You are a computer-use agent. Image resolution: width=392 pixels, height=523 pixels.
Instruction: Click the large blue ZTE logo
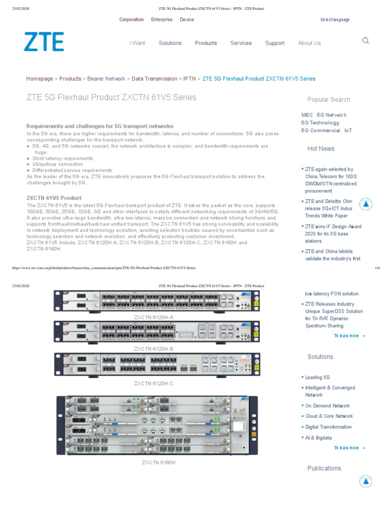[x=44, y=42]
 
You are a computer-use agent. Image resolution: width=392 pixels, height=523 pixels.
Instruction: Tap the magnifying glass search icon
[x=365, y=41]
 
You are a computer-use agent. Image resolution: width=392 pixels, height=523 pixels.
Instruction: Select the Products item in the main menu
[x=206, y=43]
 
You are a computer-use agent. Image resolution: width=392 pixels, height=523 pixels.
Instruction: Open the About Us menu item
[x=309, y=43]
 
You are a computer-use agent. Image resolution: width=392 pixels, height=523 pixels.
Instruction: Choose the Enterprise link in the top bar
[x=161, y=19]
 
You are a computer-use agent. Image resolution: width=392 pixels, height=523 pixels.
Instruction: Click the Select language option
[x=335, y=19]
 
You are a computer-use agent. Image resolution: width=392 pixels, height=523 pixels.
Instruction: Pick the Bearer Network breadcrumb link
[x=106, y=79]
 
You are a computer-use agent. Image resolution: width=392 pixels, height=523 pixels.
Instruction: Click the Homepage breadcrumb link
[x=40, y=79]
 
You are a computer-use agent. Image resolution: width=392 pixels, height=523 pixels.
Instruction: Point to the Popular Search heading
[x=329, y=100]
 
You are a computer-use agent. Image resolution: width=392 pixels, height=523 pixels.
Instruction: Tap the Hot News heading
[x=321, y=149]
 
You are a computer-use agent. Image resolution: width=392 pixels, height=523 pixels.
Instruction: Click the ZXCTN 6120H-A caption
[x=154, y=317]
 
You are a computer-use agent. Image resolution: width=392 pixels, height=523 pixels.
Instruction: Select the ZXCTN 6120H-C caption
[x=154, y=383]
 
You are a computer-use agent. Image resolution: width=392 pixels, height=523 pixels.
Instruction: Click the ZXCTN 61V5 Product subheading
[x=54, y=198]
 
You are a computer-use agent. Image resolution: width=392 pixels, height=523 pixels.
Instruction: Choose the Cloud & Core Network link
[x=329, y=416]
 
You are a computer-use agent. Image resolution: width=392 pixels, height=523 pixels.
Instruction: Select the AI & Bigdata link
[x=318, y=438]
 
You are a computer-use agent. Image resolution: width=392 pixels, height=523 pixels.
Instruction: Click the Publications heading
[x=324, y=468]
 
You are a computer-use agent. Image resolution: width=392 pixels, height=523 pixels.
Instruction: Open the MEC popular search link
[x=307, y=115]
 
